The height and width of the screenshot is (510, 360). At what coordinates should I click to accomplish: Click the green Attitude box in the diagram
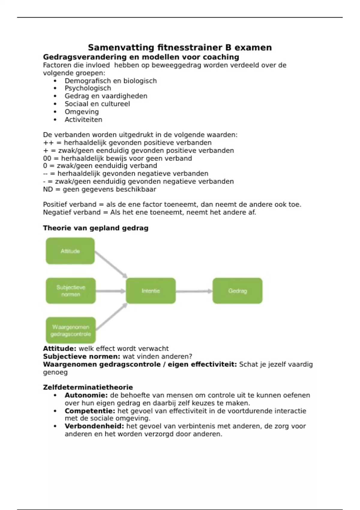70,251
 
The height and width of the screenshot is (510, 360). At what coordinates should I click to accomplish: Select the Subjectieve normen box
71,291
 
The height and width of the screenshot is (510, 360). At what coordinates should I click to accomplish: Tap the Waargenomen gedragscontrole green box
71,330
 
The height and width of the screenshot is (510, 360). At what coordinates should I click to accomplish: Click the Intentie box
151,291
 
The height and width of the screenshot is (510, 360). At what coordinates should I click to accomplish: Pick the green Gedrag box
237,291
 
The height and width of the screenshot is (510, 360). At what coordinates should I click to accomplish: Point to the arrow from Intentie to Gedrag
194,291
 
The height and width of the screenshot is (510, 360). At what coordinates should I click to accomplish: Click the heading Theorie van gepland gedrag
96,228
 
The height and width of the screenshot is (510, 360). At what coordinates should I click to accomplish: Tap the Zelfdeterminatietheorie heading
88,387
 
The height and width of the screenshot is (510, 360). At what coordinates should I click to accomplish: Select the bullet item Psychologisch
88,88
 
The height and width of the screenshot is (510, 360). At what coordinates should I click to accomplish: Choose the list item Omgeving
82,112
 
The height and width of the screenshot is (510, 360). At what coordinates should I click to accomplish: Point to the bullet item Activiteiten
83,119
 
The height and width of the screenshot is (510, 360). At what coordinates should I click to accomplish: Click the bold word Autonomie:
86,395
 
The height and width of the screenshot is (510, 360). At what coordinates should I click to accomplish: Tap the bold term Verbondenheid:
94,426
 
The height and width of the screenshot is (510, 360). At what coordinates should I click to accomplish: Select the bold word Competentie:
90,411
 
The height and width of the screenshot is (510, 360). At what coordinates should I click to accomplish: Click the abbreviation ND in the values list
48,189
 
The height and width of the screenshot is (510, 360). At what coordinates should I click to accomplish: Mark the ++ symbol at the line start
48,142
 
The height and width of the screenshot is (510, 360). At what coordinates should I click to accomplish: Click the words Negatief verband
72,212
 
